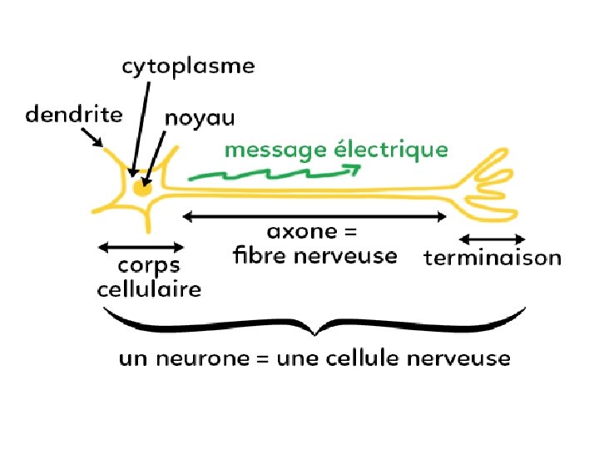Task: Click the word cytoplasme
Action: tap(188, 67)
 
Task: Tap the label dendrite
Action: tap(74, 114)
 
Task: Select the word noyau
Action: tap(200, 119)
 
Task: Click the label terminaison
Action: tap(493, 258)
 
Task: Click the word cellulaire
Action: tap(149, 289)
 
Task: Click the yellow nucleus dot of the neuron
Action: tap(142, 190)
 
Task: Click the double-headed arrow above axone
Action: tap(314, 216)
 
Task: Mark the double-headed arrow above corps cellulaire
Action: tap(141, 246)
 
